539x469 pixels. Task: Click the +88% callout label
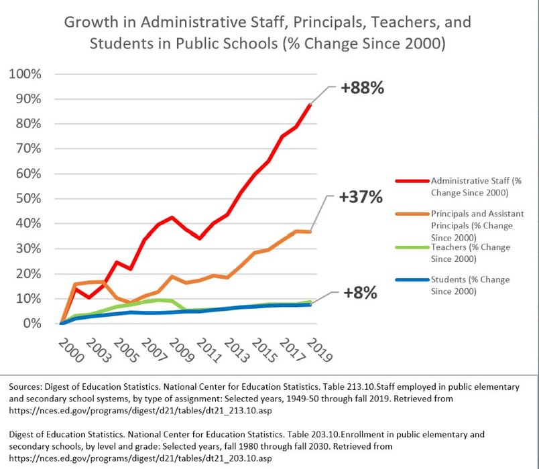tap(361, 88)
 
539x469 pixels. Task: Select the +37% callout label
tap(361, 198)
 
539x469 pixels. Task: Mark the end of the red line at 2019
tap(310, 104)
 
